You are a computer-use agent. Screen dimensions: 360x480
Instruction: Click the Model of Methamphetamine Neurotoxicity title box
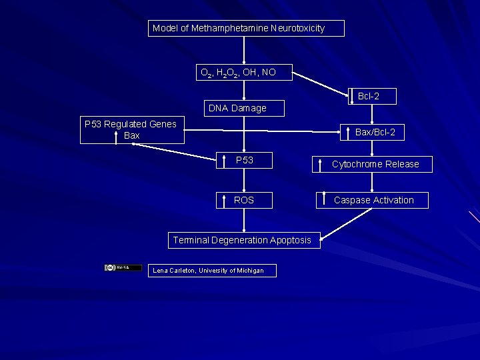click(x=246, y=28)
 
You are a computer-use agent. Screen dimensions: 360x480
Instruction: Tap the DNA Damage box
click(x=244, y=108)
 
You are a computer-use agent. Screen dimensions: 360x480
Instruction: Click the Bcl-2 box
click(x=372, y=97)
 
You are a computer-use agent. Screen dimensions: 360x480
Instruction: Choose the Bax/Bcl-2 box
click(x=372, y=132)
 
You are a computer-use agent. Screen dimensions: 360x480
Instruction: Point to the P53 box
click(x=244, y=161)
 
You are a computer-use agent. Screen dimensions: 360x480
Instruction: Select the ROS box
click(x=244, y=200)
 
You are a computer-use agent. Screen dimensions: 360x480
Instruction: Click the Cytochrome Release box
click(x=372, y=164)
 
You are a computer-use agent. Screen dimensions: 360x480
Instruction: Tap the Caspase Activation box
click(x=372, y=200)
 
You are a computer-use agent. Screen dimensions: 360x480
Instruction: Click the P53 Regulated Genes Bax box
click(x=132, y=129)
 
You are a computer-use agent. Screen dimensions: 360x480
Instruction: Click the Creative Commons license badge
click(x=123, y=267)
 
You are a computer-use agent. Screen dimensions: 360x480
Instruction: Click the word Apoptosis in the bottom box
click(x=290, y=240)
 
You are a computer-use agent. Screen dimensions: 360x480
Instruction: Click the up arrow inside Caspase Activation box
click(x=323, y=200)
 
